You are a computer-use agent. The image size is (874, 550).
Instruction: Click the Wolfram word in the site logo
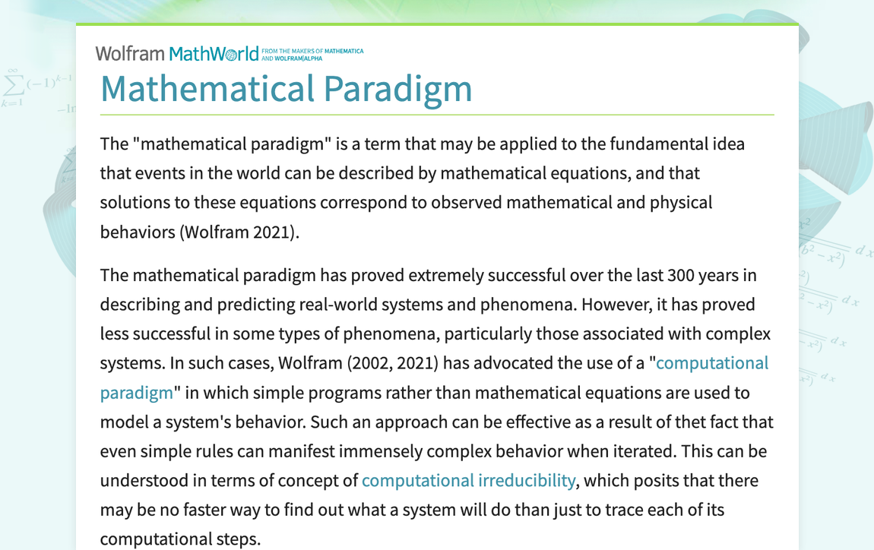point(130,53)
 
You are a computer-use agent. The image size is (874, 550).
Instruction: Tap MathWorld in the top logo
point(214,54)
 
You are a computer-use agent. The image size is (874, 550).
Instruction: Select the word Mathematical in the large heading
point(207,88)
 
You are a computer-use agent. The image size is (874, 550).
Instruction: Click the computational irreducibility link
point(468,480)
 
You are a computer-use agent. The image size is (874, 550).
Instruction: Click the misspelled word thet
point(669,422)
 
